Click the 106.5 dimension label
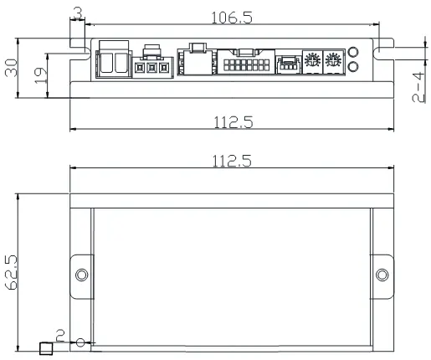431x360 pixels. (230, 18)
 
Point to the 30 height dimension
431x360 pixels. (11, 68)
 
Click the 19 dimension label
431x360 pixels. (38, 75)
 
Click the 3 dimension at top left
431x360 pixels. (77, 12)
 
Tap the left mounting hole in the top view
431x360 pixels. (81, 275)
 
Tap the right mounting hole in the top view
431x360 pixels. (383, 275)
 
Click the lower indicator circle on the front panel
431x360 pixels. (353, 66)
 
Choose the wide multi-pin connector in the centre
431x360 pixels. (244, 64)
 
